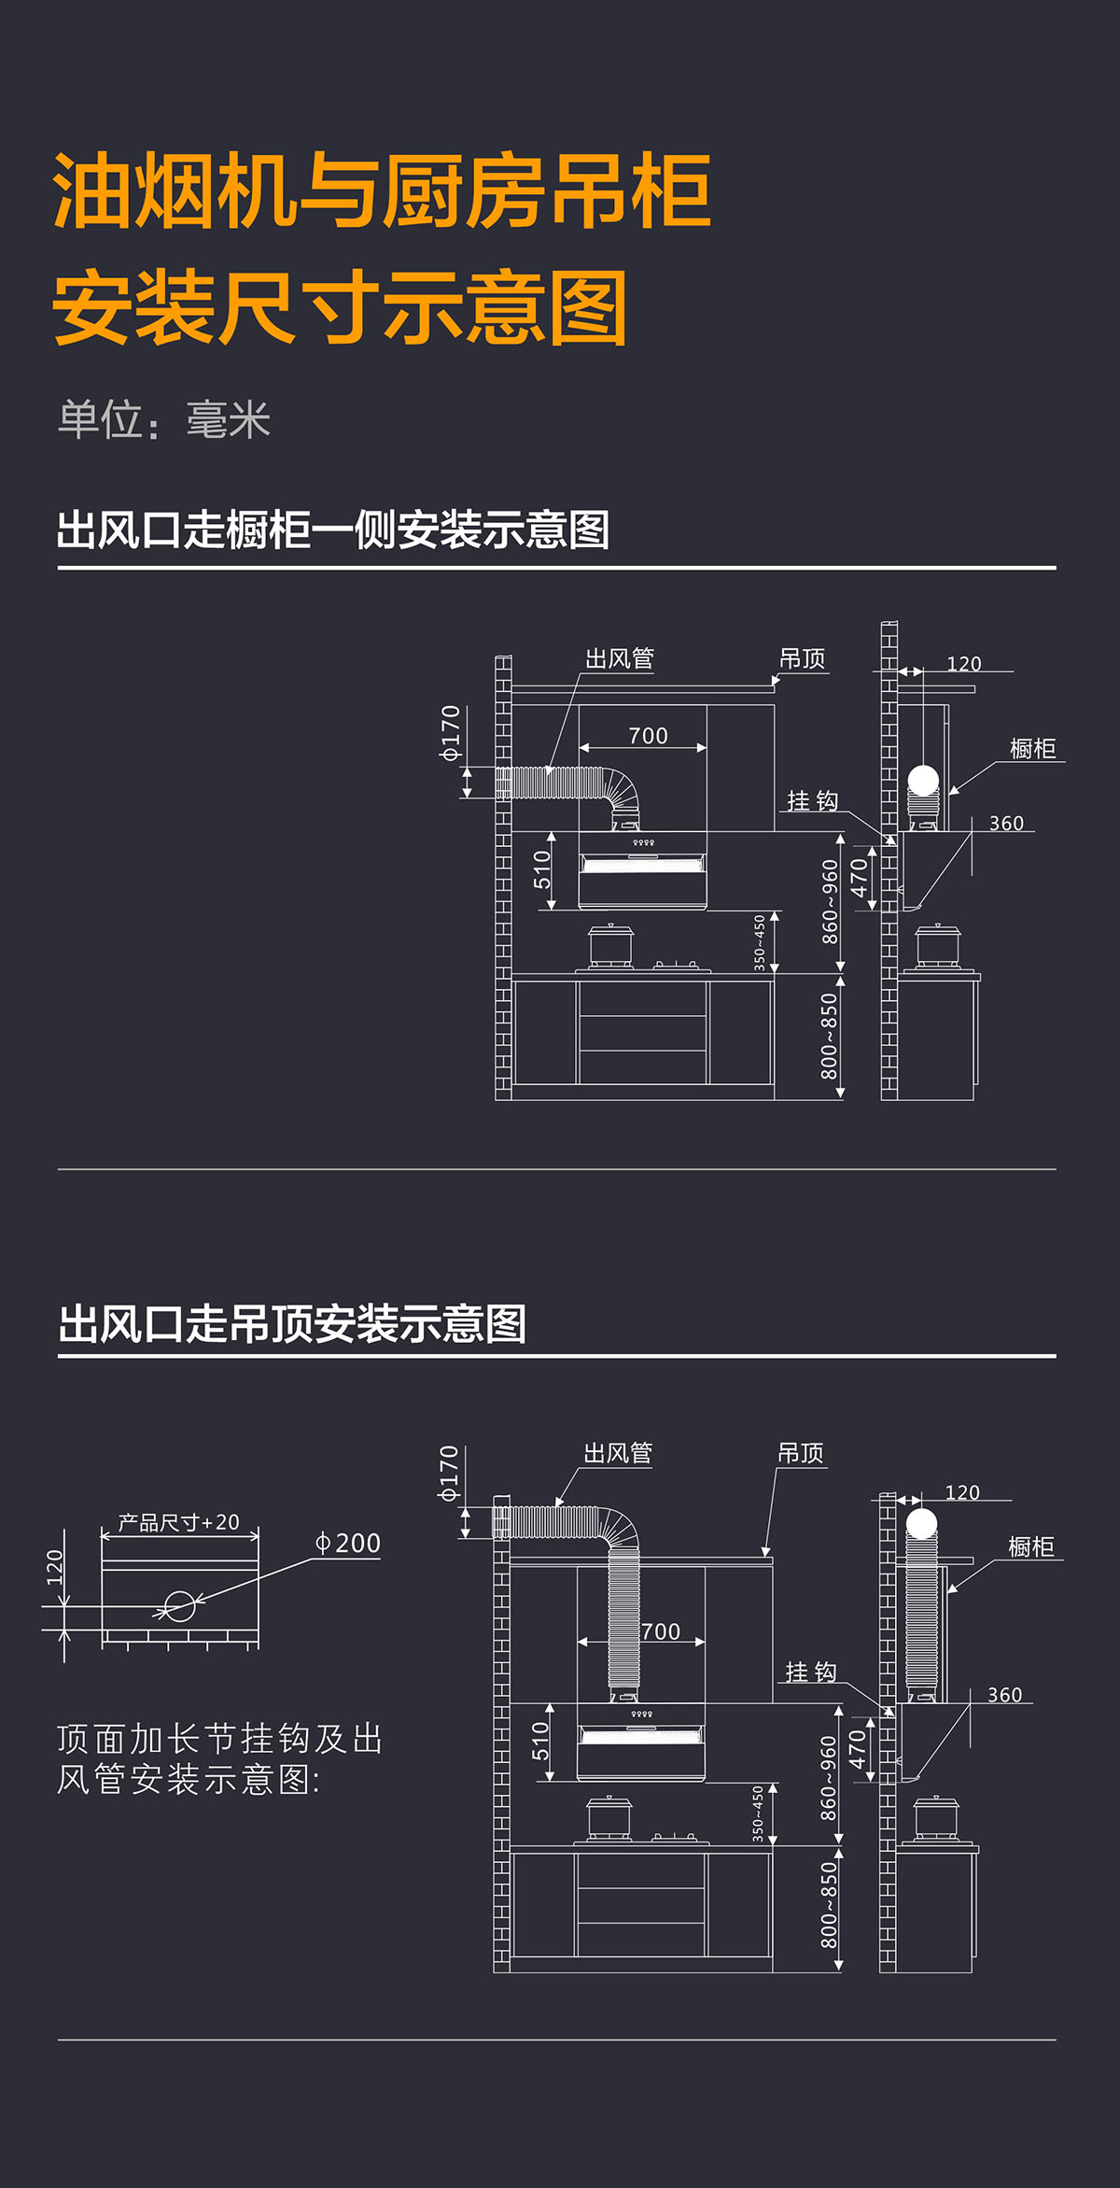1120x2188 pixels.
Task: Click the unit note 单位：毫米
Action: coord(164,420)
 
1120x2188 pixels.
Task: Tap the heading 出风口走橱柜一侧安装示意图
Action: coord(332,530)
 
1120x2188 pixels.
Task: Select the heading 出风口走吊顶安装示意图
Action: coord(292,1324)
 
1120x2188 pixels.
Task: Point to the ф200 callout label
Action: coord(347,1544)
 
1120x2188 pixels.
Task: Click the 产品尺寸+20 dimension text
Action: coord(178,1523)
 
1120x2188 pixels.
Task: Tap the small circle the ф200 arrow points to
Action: coord(179,1606)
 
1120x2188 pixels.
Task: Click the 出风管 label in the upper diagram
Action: coord(619,659)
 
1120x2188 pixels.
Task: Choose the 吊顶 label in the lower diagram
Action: coord(801,1453)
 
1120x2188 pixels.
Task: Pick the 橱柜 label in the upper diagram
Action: coord(1032,749)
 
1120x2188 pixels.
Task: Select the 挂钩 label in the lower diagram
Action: coord(810,1672)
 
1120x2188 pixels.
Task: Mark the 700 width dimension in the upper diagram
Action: coord(648,736)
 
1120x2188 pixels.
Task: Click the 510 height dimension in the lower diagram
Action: coord(540,1742)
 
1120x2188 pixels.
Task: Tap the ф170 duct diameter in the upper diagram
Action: coord(451,733)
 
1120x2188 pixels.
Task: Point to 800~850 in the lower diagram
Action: coord(829,1905)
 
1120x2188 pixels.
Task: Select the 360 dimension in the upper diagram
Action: coord(1006,824)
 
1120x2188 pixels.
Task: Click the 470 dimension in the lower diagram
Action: coord(857,1749)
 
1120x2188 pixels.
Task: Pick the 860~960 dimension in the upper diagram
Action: coord(830,901)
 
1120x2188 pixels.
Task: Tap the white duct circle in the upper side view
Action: coord(923,779)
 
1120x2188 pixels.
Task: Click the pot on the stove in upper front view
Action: coord(610,945)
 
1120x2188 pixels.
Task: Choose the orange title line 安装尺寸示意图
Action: coord(340,308)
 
